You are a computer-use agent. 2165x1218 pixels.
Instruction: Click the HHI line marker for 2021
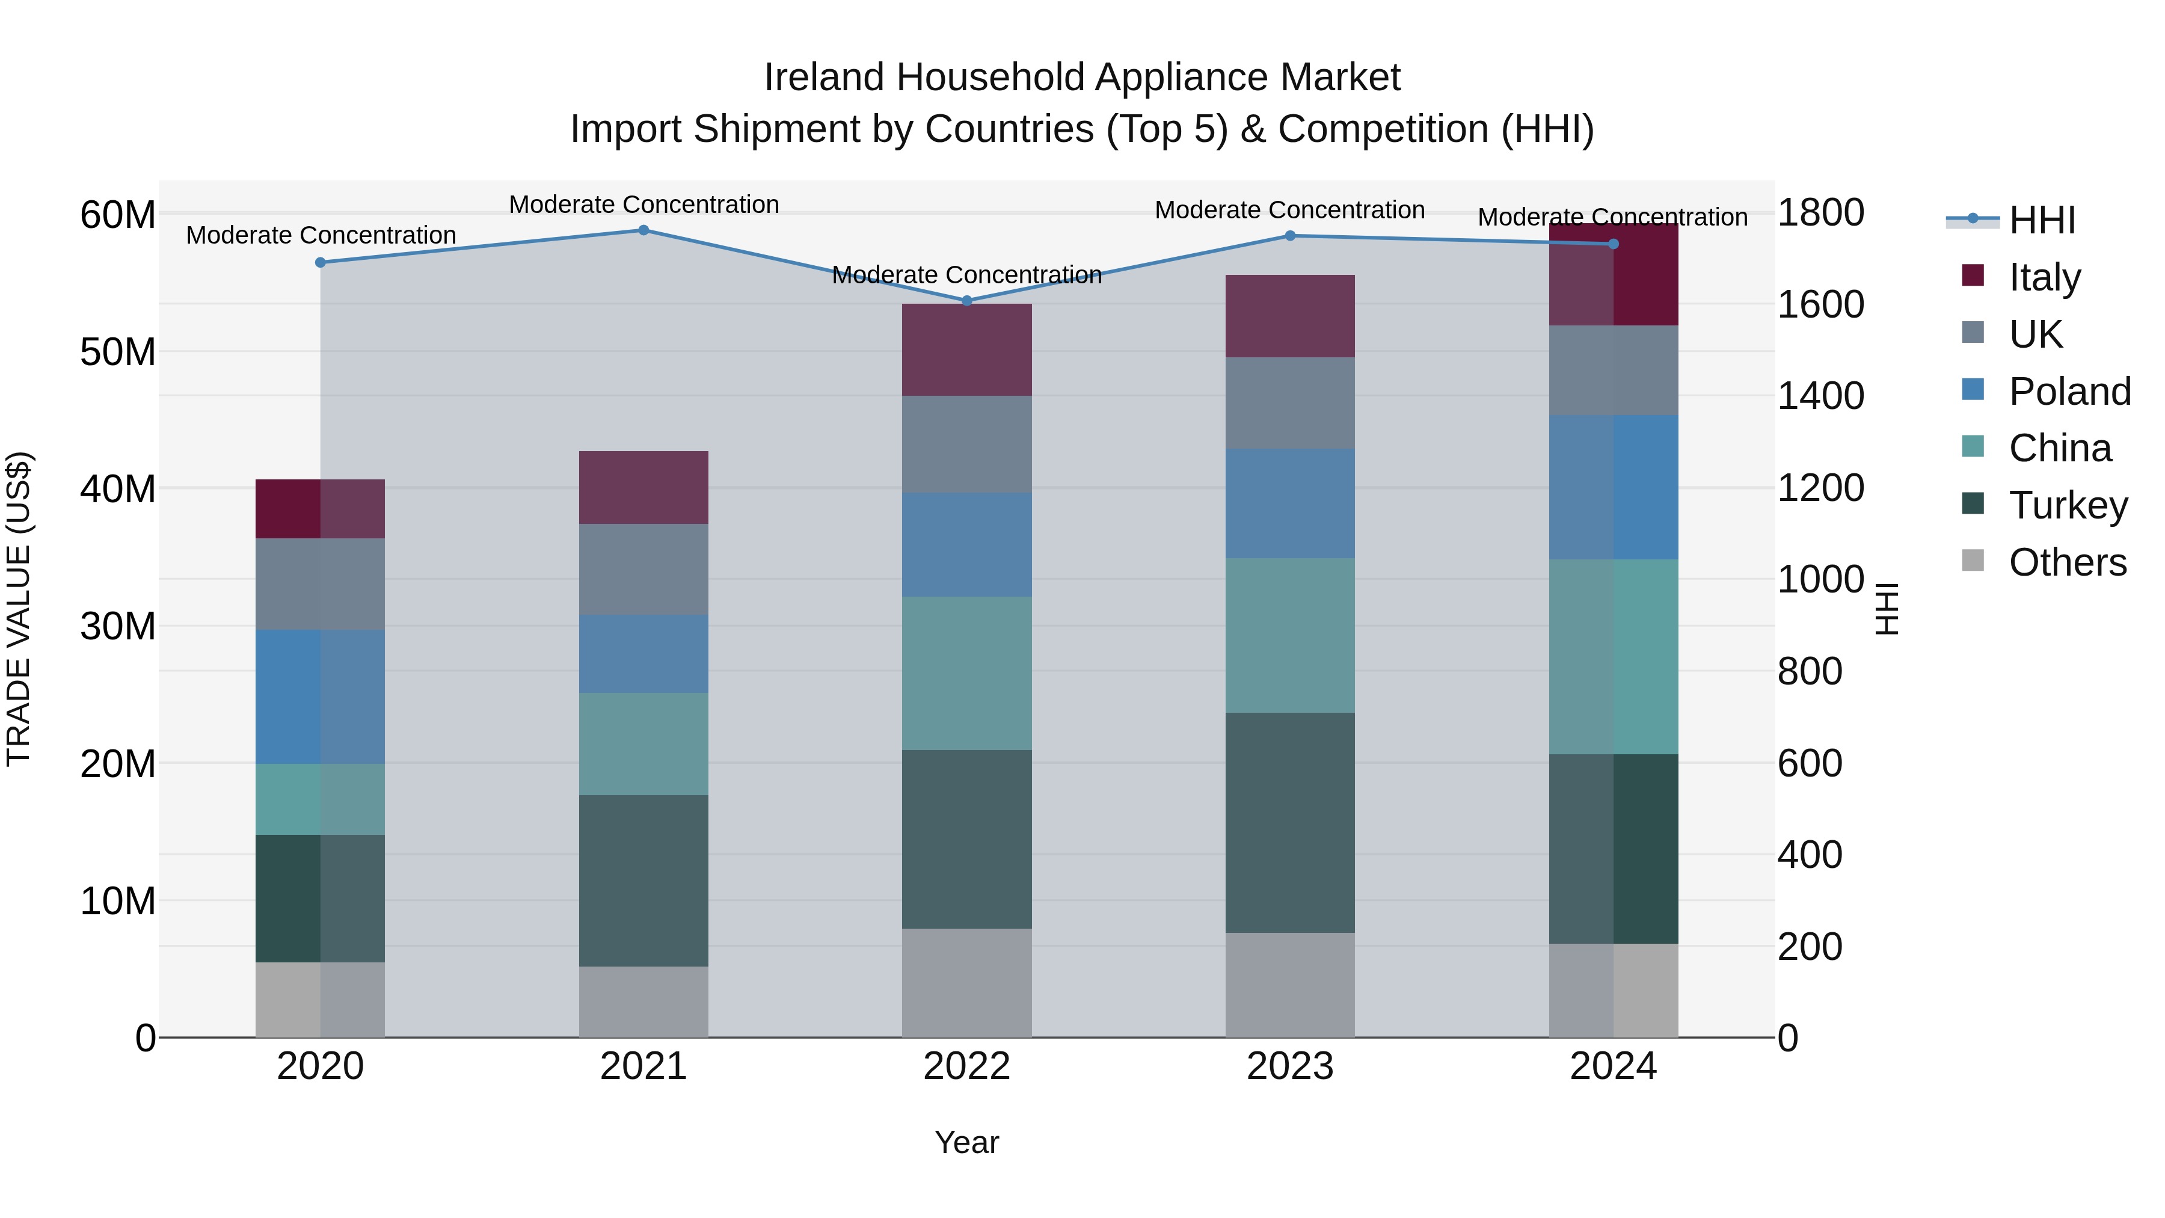(x=643, y=230)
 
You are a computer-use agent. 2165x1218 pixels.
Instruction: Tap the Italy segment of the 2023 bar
(x=1289, y=316)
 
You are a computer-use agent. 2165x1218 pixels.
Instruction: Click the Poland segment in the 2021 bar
(x=643, y=654)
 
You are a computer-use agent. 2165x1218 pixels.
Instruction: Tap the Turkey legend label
(x=2068, y=505)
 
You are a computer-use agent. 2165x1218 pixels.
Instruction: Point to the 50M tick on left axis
(x=118, y=352)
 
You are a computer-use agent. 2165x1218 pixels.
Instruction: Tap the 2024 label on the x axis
(x=1613, y=1066)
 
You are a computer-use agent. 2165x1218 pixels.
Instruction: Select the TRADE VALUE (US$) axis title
(x=19, y=609)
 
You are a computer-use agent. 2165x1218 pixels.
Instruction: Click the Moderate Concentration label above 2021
(x=643, y=205)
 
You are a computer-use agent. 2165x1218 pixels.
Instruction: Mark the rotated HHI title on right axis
(x=1886, y=609)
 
